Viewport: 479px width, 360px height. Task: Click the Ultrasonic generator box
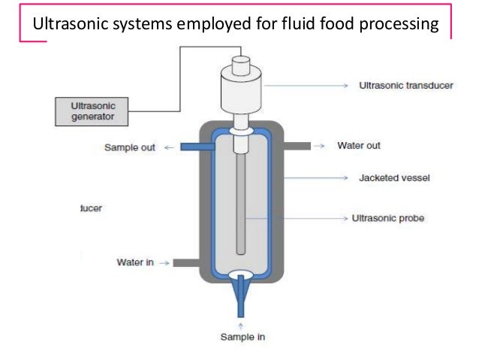pyautogui.click(x=90, y=110)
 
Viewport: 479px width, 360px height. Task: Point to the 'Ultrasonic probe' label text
pyautogui.click(x=388, y=219)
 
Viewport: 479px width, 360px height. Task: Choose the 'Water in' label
pyautogui.click(x=136, y=262)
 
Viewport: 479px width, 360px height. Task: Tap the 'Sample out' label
pyautogui.click(x=130, y=147)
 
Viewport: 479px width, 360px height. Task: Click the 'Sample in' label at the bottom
pyautogui.click(x=242, y=337)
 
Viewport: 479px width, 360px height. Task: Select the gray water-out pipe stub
pyautogui.click(x=297, y=145)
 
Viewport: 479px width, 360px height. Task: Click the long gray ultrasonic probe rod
pyautogui.click(x=241, y=203)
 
